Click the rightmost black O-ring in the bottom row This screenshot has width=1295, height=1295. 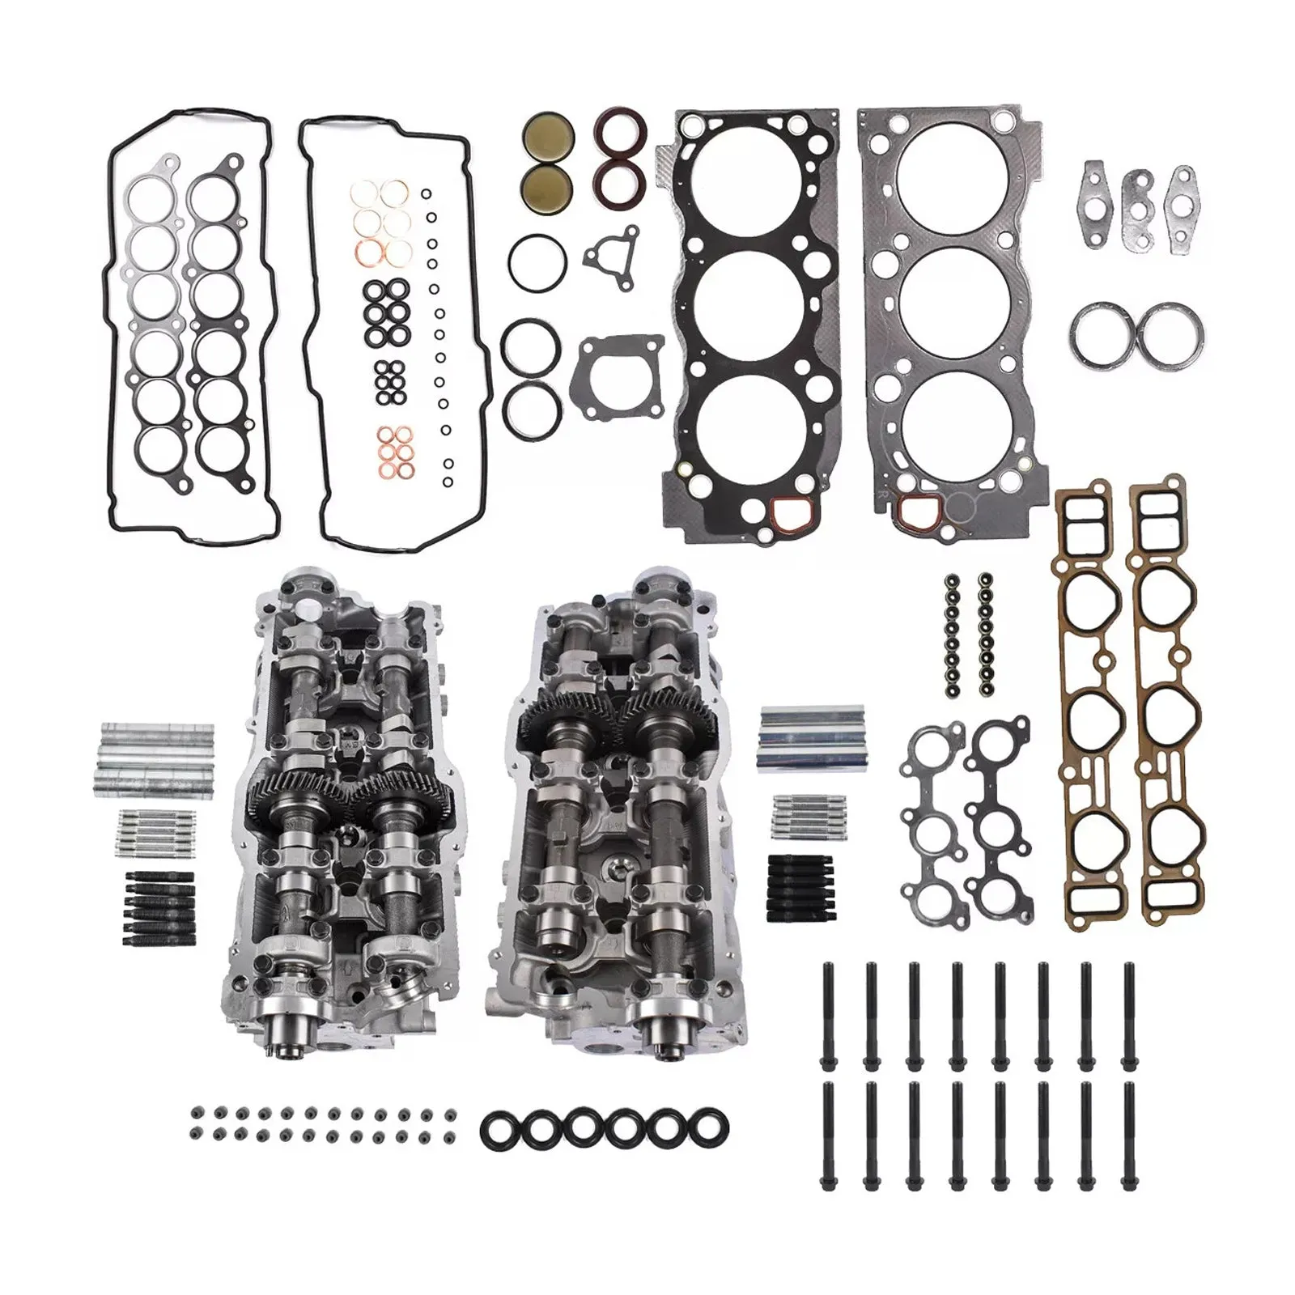pos(708,1127)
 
